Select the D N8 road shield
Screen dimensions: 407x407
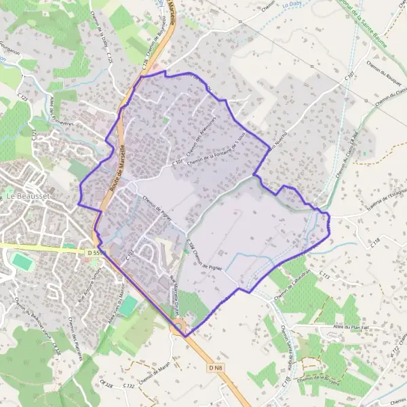pos(216,368)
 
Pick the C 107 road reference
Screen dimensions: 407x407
pos(350,79)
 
